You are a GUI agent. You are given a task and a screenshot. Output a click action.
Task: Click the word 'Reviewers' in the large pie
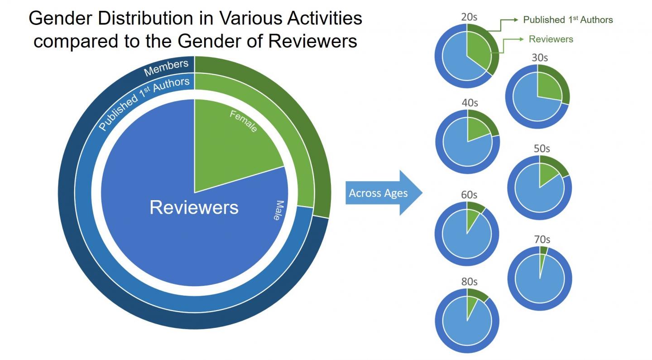[x=194, y=207]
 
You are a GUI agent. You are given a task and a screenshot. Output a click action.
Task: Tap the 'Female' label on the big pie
[x=244, y=121]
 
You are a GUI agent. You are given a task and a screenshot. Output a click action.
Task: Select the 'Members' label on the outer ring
[x=166, y=68]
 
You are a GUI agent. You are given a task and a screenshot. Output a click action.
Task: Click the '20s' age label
[x=469, y=18]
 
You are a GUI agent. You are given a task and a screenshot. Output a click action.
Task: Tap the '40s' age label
[x=470, y=103]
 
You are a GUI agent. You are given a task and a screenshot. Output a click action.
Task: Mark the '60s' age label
[x=469, y=195]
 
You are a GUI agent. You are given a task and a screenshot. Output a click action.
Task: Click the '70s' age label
[x=542, y=240]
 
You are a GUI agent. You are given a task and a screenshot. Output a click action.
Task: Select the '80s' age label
[x=469, y=282]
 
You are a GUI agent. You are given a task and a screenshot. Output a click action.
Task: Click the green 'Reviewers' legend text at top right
[x=551, y=39]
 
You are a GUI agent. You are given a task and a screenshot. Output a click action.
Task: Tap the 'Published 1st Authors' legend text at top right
[x=568, y=19]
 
